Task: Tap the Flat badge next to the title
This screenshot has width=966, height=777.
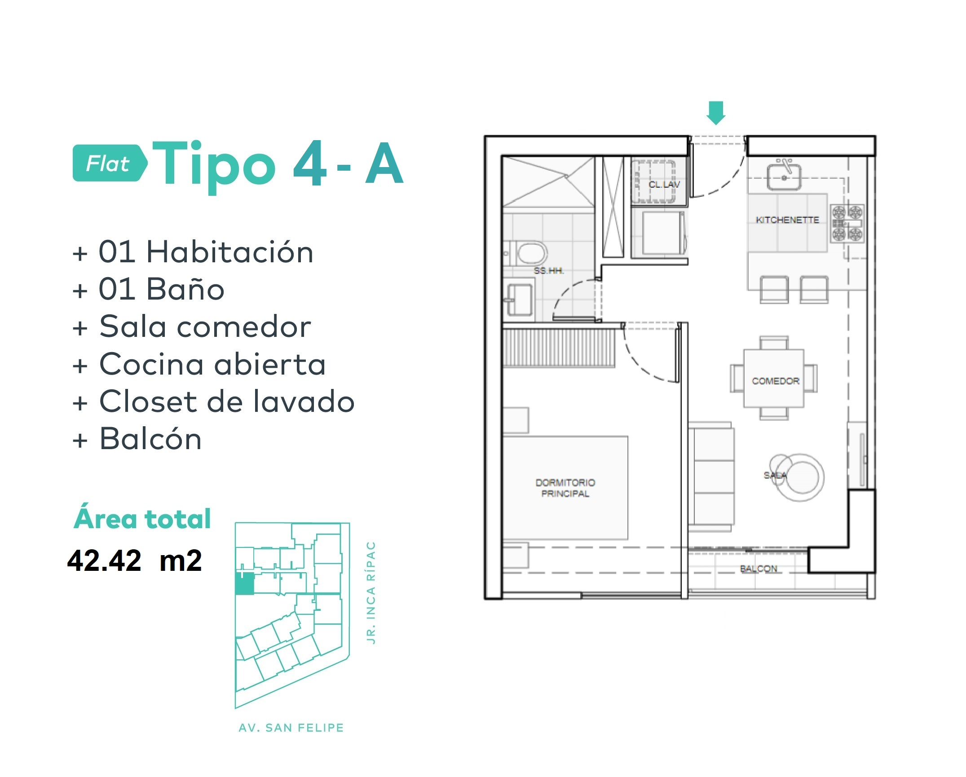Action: (110, 163)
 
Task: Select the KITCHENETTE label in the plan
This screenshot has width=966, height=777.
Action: (787, 220)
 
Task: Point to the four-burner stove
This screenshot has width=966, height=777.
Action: (847, 223)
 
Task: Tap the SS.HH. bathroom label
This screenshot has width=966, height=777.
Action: (548, 270)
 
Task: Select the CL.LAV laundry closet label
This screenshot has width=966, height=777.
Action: (664, 184)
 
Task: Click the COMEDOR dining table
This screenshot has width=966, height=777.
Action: (774, 378)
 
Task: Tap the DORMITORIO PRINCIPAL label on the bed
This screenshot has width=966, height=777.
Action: (565, 488)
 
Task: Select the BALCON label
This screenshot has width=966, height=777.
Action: (758, 569)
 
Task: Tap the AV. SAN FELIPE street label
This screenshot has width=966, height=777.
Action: (291, 728)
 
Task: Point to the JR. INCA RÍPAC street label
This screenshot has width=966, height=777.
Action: (371, 593)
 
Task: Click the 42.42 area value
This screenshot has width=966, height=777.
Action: (104, 561)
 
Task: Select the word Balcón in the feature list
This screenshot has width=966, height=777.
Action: (150, 439)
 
